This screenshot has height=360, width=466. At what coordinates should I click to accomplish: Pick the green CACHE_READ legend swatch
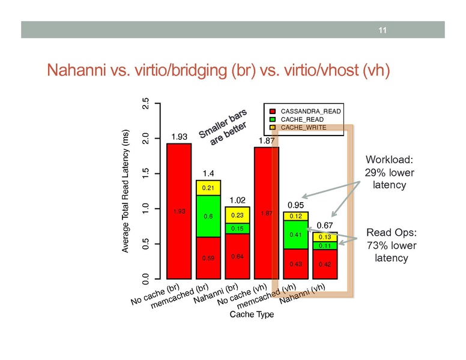271,119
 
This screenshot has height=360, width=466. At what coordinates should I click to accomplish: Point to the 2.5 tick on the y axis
144,103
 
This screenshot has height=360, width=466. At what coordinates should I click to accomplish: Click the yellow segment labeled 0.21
208,187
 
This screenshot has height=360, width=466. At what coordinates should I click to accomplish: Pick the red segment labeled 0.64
237,257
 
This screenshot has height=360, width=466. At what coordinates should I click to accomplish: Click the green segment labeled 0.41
295,235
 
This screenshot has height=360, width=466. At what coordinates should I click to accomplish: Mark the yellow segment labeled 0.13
325,237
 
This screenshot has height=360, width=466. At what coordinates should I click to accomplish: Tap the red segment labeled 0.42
325,264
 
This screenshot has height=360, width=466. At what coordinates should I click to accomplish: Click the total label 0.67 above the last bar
325,225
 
